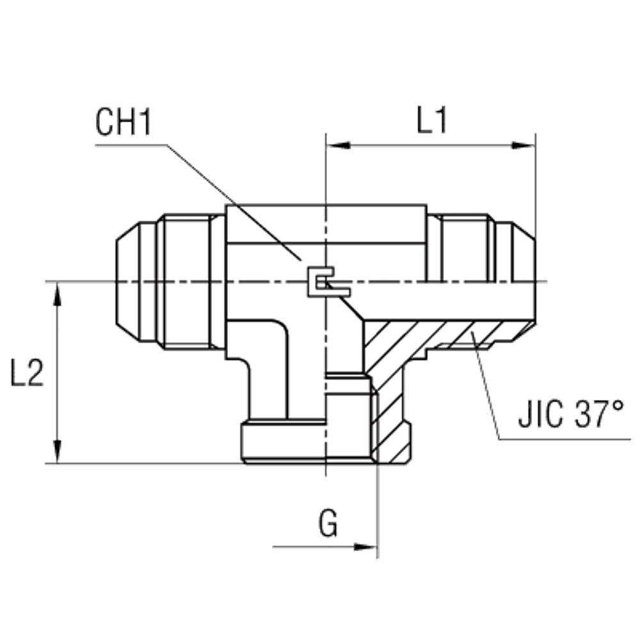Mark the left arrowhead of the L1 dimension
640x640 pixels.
tap(339, 147)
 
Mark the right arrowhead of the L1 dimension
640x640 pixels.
tap(522, 147)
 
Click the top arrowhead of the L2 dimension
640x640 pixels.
tap(59, 296)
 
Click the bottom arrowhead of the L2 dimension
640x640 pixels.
tap(59, 448)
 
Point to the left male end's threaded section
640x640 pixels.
tap(186, 282)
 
